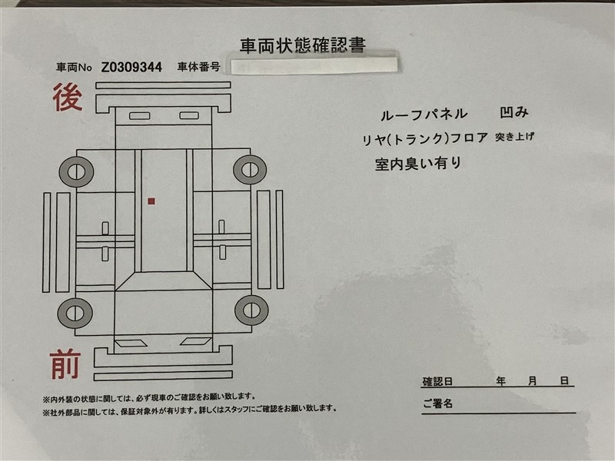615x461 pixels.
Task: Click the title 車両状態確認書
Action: coord(302,45)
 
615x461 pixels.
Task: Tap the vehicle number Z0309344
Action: coord(131,68)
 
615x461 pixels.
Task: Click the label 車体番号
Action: coord(198,67)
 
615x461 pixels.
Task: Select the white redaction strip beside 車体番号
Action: coord(314,66)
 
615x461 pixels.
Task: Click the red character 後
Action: coord(68,97)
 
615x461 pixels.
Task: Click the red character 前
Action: coord(65,365)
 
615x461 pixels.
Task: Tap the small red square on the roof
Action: coord(151,201)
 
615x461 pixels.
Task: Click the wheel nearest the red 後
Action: coord(76,171)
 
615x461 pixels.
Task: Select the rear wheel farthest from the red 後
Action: coord(250,170)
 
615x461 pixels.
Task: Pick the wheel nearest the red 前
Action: coord(75,313)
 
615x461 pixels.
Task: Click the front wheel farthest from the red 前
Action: coord(251,310)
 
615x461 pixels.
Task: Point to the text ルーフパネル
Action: coord(424,114)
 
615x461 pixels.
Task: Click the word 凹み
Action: coord(514,112)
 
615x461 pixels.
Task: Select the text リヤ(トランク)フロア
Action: coord(425,139)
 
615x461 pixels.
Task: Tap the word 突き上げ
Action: coord(514,137)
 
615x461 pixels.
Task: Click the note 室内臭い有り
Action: coord(418,164)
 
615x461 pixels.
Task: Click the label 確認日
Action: coord(437,381)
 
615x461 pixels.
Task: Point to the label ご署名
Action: coord(437,403)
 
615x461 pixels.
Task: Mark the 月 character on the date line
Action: coord(532,380)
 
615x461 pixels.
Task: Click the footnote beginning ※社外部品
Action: coord(190,410)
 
